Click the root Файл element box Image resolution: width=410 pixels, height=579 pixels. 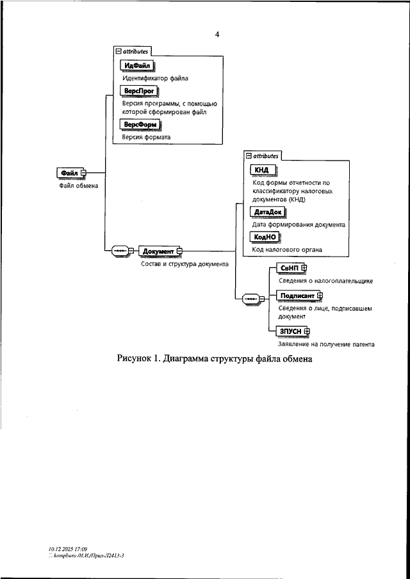69,173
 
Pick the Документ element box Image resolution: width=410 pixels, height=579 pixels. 157,251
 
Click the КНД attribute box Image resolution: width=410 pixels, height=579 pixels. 261,170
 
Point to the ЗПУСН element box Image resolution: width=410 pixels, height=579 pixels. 290,331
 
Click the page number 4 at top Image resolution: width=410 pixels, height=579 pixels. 217,35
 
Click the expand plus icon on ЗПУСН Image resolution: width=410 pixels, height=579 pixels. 307,331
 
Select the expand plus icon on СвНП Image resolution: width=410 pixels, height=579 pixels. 304,267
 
